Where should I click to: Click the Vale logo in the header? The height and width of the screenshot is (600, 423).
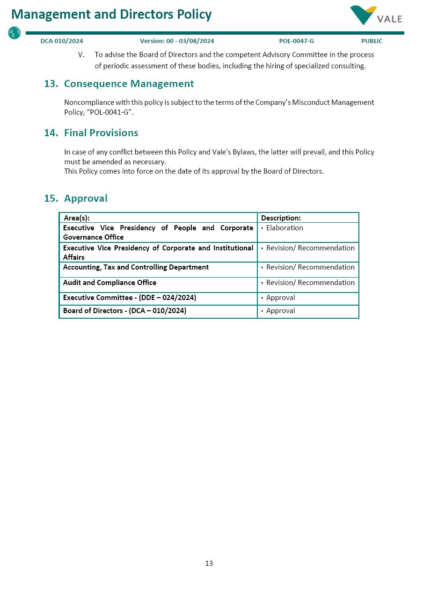(x=376, y=15)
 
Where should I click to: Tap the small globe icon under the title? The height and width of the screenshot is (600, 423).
(x=15, y=33)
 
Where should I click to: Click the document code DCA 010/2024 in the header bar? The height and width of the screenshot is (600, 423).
(x=62, y=41)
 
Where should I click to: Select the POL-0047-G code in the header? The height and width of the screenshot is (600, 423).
(x=296, y=41)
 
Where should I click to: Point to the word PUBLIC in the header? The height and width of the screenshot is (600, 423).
(x=372, y=41)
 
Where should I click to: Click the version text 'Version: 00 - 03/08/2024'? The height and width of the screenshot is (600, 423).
(x=177, y=41)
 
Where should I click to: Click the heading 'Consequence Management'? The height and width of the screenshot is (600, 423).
(x=129, y=84)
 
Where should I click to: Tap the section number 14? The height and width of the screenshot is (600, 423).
(x=51, y=133)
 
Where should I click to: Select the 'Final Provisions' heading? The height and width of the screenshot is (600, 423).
(x=101, y=133)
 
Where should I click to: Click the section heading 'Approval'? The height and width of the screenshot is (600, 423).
(x=86, y=198)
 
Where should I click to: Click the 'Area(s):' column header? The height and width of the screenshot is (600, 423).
(x=77, y=218)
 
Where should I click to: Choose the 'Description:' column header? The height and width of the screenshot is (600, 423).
(x=281, y=218)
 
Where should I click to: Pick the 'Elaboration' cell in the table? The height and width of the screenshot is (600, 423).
(x=284, y=228)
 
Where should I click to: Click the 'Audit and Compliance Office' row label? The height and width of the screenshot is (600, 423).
(x=109, y=283)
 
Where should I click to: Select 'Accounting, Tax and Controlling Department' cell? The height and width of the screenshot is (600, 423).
(x=136, y=267)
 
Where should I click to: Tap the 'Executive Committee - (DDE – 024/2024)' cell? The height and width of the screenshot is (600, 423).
(x=130, y=298)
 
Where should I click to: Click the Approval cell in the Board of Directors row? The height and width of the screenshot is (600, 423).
(x=280, y=311)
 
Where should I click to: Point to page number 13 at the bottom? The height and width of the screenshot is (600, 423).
(x=209, y=563)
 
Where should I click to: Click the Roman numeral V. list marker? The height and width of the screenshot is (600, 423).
(x=81, y=55)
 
